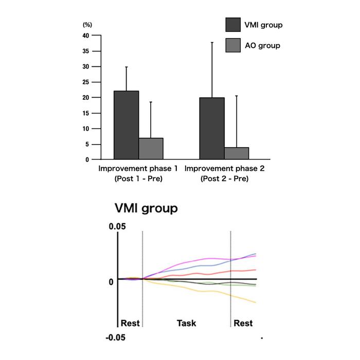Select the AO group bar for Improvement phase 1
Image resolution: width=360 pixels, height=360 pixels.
[151, 149]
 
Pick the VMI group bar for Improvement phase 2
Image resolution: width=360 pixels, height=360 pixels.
[211, 129]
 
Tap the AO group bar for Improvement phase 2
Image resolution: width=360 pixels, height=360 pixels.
[237, 153]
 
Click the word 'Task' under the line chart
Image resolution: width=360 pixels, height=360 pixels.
[186, 323]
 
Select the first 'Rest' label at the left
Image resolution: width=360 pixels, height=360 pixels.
[130, 323]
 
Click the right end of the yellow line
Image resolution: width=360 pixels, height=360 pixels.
[256, 302]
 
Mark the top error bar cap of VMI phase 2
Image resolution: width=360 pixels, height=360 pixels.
[211, 42]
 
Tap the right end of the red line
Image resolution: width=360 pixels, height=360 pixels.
[256, 269]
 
